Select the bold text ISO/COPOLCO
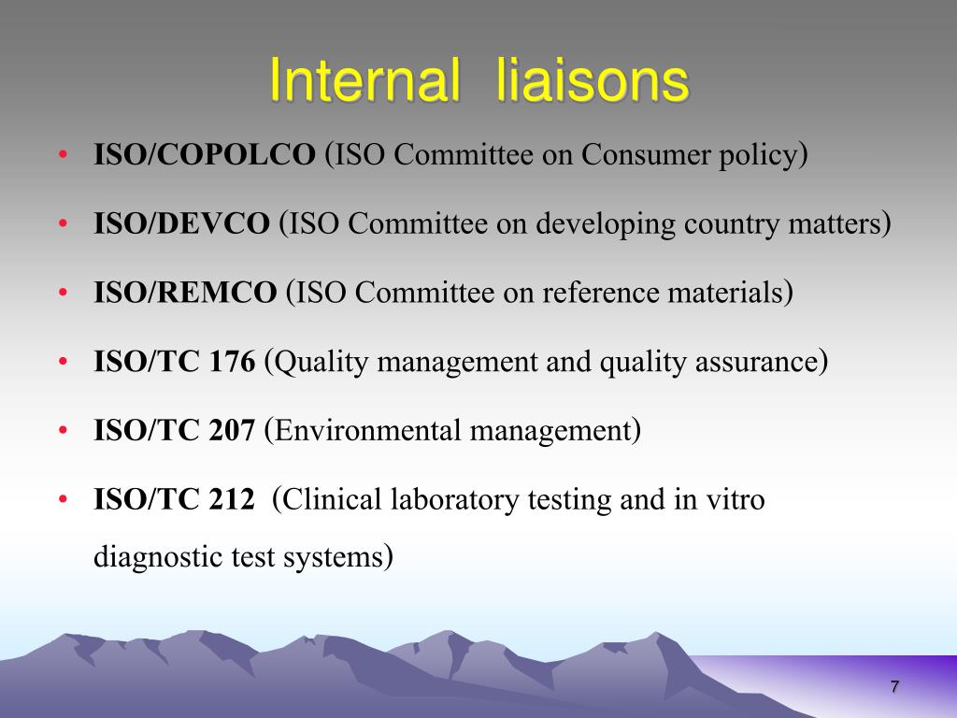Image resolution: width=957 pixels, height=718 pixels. tap(205, 155)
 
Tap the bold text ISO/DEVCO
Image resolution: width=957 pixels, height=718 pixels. tap(181, 224)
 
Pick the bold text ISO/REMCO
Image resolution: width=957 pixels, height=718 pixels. tap(185, 294)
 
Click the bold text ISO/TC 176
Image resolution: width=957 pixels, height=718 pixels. tap(174, 363)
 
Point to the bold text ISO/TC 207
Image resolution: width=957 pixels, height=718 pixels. tap(174, 431)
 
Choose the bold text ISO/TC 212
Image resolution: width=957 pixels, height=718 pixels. tap(174, 500)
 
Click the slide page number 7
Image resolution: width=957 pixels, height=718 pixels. tap(894, 687)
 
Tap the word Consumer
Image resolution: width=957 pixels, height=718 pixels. tap(635, 155)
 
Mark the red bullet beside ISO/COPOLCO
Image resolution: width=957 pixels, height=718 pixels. tap(63, 155)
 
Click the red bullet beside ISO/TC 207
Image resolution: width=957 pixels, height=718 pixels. tap(63, 431)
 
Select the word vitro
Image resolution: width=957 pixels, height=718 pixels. tap(737, 500)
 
